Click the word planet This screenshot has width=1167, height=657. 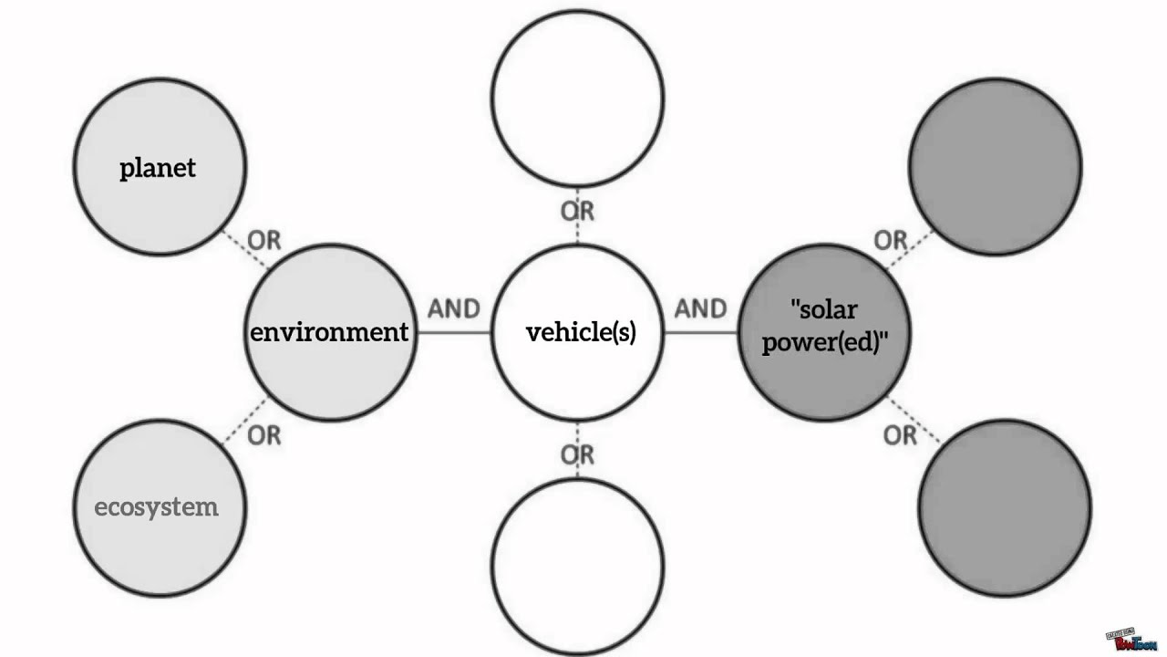[158, 169]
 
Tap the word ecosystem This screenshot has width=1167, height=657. [156, 507]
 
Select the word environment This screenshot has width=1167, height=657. [329, 332]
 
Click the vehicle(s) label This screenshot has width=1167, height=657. [581, 332]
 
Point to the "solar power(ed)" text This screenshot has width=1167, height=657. [824, 327]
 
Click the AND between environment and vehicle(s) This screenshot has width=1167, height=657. [454, 308]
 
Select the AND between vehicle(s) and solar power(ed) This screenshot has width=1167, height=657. [701, 308]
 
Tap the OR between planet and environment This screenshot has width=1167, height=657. [264, 240]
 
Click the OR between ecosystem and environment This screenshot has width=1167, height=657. [264, 435]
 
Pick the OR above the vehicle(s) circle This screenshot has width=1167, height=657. [577, 211]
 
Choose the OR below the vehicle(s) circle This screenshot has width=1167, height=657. [577, 455]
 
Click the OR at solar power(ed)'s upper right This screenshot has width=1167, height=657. [891, 240]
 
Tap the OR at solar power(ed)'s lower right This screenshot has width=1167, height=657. [900, 435]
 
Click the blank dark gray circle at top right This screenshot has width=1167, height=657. [996, 167]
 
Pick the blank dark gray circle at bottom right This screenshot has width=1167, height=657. [1005, 508]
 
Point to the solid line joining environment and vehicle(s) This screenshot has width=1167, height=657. [454, 332]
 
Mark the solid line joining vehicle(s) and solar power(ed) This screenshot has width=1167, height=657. [701, 332]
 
